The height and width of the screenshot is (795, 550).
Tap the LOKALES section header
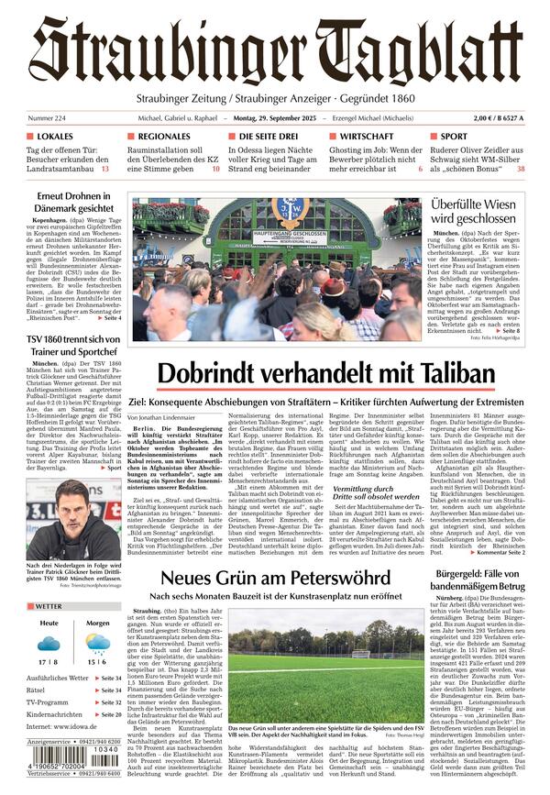click(x=55, y=137)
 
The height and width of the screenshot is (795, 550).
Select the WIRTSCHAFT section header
click(x=367, y=137)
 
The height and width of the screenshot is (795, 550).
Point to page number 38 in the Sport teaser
click(x=521, y=169)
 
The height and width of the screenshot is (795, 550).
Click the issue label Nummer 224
click(x=48, y=118)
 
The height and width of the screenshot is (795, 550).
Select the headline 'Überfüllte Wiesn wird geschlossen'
click(x=473, y=212)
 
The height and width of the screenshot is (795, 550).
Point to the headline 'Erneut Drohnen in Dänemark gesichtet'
click(x=73, y=204)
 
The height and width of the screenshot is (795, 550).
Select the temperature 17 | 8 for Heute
click(x=49, y=661)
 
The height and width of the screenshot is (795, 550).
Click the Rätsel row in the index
click(x=37, y=690)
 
